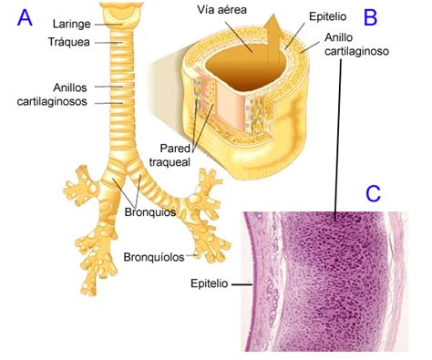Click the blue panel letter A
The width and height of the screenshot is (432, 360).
[25, 18]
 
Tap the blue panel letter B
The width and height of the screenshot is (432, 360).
[370, 17]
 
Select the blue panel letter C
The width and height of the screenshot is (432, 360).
[373, 194]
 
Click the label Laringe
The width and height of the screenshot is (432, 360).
[72, 25]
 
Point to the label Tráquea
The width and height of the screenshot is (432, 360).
[69, 42]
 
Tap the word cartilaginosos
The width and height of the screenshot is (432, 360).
[52, 101]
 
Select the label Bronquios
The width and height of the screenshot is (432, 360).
[150, 212]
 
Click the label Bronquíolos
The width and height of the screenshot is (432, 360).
[154, 257]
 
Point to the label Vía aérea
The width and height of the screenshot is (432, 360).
[221, 10]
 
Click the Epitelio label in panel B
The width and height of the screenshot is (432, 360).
[328, 16]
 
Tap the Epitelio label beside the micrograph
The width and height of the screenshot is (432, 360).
[210, 283]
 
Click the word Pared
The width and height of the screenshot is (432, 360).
[175, 149]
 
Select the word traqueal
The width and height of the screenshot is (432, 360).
[170, 162]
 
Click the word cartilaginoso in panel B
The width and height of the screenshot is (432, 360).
[356, 51]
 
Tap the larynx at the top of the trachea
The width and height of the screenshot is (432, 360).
[122, 15]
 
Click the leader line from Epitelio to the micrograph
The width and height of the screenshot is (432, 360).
[242, 284]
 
